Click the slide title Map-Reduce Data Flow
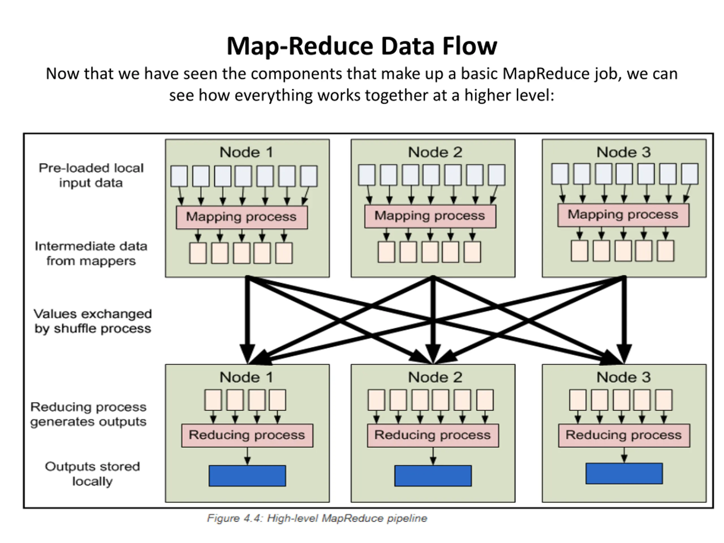click(362, 46)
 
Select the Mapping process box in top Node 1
click(242, 217)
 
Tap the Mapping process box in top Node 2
click(430, 216)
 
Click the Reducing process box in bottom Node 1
click(247, 435)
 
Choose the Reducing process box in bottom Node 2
click(433, 435)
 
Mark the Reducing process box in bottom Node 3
click(624, 435)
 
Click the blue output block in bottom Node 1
click(247, 476)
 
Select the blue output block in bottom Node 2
click(433, 476)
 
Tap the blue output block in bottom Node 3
click(624, 473)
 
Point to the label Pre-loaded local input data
click(91, 175)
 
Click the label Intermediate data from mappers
click(91, 253)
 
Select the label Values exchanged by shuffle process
click(93, 321)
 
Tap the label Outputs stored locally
click(92, 474)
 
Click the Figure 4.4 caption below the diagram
click(317, 518)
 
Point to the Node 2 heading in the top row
click(435, 152)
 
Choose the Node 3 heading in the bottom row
click(624, 377)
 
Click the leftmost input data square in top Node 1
click(179, 176)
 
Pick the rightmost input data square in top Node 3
click(689, 174)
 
